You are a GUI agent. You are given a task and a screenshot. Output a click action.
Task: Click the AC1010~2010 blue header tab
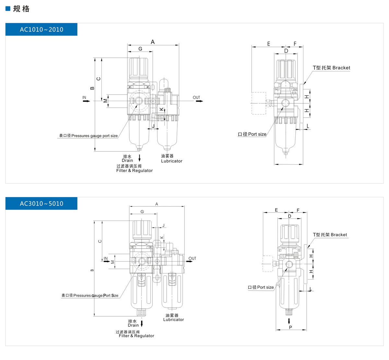tap(41, 29)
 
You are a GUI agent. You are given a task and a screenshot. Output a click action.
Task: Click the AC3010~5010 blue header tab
tap(41, 203)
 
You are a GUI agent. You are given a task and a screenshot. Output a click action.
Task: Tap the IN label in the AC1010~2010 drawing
tap(84, 98)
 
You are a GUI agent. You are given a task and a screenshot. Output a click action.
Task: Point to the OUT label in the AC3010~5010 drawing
tap(192, 258)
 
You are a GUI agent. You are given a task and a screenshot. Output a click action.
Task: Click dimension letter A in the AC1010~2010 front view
tap(153, 42)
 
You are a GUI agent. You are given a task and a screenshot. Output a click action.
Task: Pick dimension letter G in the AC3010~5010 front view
tap(142, 212)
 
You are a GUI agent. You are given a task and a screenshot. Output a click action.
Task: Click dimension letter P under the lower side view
tap(290, 327)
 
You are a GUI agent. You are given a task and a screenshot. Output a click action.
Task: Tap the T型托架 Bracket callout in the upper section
tap(331, 68)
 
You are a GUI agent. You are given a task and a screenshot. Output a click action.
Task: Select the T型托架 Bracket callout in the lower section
tap(330, 235)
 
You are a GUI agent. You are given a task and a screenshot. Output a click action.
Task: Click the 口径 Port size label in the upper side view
tap(252, 134)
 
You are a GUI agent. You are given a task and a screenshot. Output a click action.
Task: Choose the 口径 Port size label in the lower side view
tap(261, 287)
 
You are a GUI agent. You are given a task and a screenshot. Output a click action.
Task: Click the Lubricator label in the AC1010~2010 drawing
tap(171, 161)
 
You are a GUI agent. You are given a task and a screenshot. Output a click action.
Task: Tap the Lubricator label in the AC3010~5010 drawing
tap(173, 319)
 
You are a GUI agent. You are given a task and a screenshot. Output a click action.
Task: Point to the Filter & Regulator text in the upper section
tap(134, 170)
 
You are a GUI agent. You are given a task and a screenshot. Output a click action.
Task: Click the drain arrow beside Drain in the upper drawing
tap(140, 158)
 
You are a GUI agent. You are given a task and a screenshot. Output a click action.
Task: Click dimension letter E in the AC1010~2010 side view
tap(268, 44)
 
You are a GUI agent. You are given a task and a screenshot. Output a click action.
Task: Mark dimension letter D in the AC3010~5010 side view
tap(289, 216)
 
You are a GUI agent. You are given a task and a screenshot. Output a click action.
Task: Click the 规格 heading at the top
tap(21, 9)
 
